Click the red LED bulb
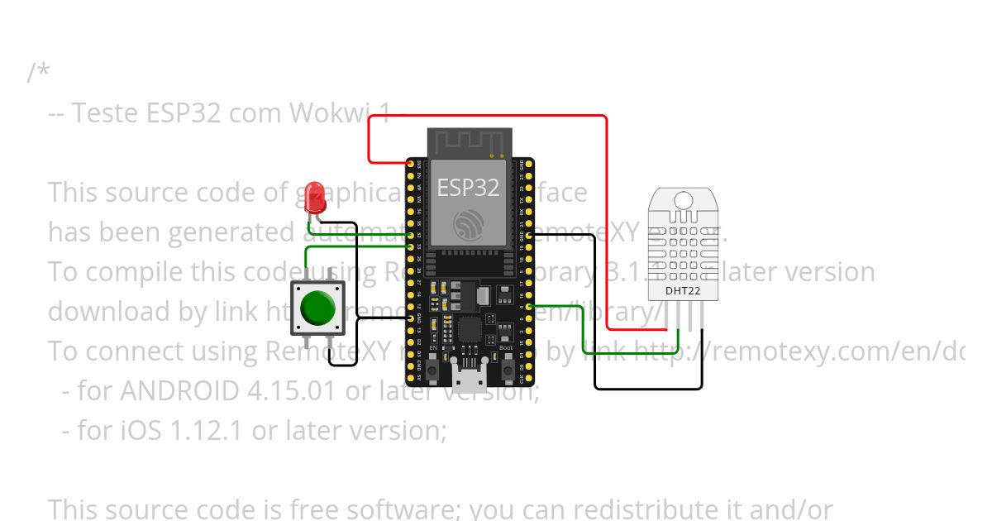[314, 195]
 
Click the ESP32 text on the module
[468, 188]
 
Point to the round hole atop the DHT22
[683, 199]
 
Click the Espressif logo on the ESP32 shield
[468, 223]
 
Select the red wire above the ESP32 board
[488, 117]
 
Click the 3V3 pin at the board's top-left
[411, 165]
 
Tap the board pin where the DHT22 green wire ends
[527, 307]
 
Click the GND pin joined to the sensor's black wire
[527, 236]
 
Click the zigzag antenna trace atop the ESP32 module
[468, 141]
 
